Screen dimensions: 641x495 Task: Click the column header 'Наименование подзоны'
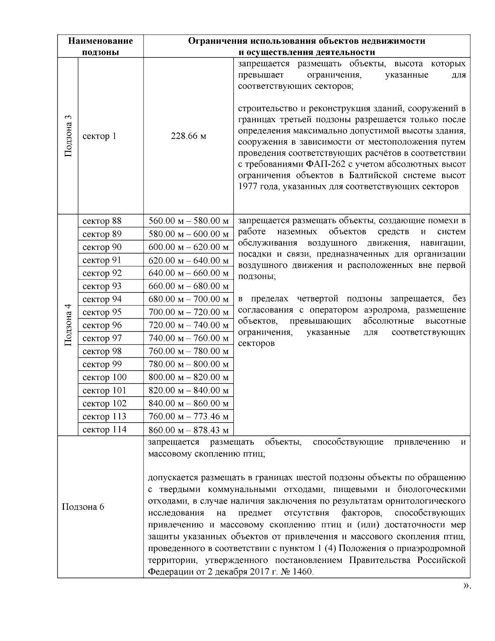click(101, 46)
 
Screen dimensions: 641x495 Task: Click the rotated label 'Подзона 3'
click(68, 136)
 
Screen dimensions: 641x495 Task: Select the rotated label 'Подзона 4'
click(68, 325)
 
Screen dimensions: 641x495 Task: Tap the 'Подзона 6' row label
click(83, 507)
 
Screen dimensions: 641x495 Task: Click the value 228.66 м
click(189, 136)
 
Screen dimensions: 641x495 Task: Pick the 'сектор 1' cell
click(99, 136)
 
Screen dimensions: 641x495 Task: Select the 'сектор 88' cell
click(102, 221)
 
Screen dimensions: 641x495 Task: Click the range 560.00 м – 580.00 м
click(189, 221)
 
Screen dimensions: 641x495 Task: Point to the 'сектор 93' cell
click(102, 286)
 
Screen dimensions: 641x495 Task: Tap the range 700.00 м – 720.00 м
click(189, 312)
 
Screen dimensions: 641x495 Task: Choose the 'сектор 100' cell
click(104, 377)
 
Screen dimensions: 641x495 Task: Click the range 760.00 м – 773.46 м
click(189, 416)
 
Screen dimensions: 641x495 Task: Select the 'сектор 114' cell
click(104, 430)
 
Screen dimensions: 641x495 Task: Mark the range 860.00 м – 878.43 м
click(189, 430)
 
